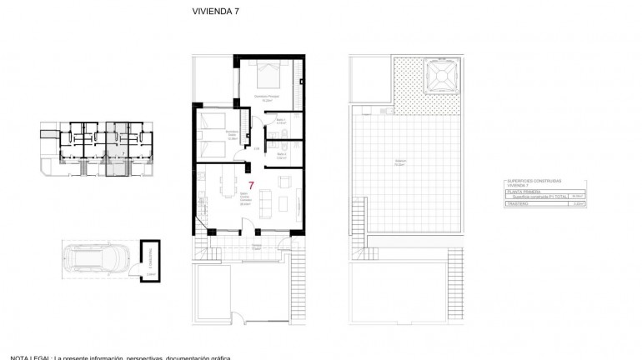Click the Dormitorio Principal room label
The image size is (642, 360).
[266, 97]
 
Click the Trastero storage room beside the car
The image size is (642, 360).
[151, 260]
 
